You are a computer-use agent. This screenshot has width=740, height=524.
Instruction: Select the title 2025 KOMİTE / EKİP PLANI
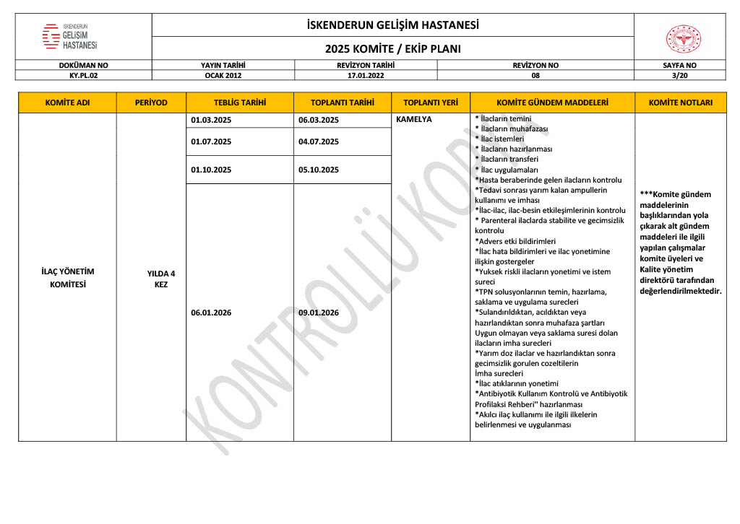click(x=393, y=49)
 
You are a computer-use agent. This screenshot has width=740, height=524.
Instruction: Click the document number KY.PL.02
click(x=83, y=74)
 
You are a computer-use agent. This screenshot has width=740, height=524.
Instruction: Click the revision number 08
click(x=535, y=74)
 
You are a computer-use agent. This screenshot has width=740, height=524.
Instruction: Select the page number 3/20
click(x=679, y=74)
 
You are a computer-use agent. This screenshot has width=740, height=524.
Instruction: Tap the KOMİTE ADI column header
click(x=67, y=102)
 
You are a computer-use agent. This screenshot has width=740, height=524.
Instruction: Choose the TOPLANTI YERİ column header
click(x=431, y=102)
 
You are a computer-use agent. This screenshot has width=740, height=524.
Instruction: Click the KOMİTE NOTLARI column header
click(x=680, y=102)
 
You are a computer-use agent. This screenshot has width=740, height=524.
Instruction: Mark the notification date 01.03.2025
click(x=211, y=120)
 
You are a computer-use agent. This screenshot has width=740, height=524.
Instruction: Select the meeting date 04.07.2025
click(x=318, y=141)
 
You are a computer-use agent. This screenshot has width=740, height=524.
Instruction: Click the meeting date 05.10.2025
click(x=318, y=170)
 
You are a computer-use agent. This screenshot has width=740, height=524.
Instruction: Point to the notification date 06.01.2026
click(x=211, y=313)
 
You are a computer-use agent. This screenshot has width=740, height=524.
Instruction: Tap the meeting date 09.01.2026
click(x=318, y=313)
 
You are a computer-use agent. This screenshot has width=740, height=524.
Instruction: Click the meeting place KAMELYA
click(x=414, y=119)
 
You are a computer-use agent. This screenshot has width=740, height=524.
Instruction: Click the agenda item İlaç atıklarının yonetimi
click(x=517, y=383)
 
